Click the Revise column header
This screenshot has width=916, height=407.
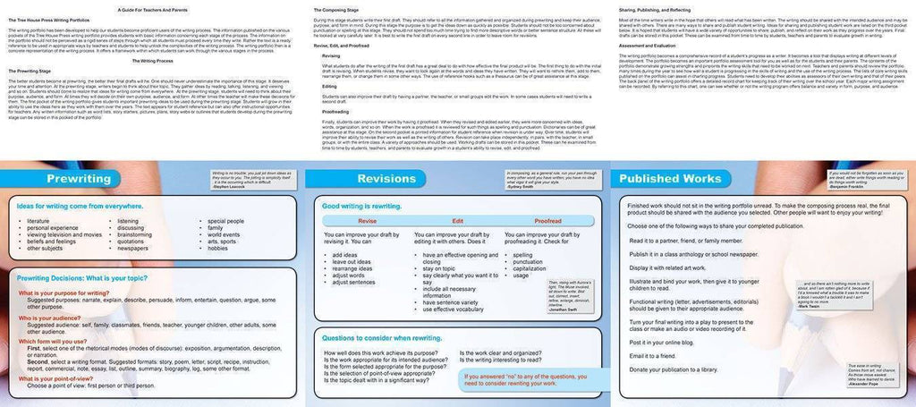367,220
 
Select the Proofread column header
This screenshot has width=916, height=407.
547,220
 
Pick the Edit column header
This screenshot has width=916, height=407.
457,220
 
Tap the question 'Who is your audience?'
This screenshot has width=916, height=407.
55,318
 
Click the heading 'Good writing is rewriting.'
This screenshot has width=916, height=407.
361,206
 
